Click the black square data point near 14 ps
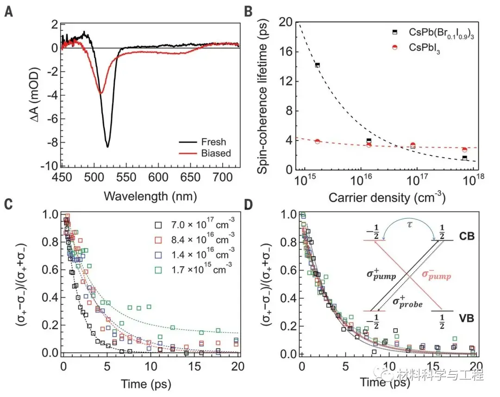tap(318, 65)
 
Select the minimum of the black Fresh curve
tap(108, 147)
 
